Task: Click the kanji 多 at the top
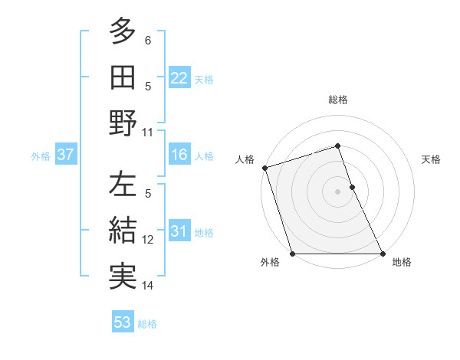tap(123, 32)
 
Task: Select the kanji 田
tap(123, 77)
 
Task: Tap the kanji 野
tap(123, 123)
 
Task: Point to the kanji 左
tap(123, 185)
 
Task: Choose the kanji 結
tap(123, 231)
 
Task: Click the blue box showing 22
tap(179, 78)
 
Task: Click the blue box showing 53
tap(122, 322)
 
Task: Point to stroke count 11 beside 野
tap(148, 132)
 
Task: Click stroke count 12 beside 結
tap(148, 240)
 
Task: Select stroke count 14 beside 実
tap(148, 286)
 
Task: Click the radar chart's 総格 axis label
tap(338, 100)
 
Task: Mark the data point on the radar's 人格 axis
tap(264, 168)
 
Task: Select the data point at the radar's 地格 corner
tap(382, 254)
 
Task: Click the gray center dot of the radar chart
tap(338, 191)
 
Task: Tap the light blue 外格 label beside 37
tap(41, 156)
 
